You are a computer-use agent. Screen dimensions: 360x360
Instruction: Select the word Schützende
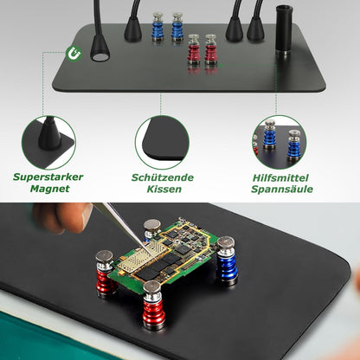pos(164,177)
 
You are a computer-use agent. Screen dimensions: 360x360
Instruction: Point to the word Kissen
pos(163,189)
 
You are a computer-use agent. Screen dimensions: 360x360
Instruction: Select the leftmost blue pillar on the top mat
pos(157,27)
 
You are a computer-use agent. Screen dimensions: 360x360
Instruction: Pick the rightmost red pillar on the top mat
pos(211,51)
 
